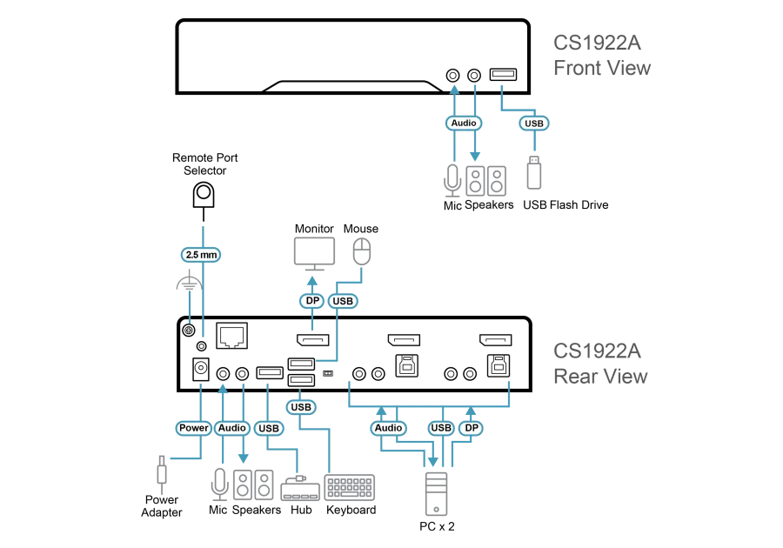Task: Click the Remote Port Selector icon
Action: coord(204,195)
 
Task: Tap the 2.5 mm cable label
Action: coord(201,255)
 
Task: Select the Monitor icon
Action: coord(314,254)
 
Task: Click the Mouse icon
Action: coord(362,251)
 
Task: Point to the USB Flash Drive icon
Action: coord(534,172)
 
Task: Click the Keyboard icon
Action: coord(350,487)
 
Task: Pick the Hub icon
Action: coord(299,488)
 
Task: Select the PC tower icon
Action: coord(436,493)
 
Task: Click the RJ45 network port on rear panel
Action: coord(232,335)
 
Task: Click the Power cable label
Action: coord(194,428)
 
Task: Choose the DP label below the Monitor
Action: coord(312,300)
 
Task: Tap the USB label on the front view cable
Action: coord(534,124)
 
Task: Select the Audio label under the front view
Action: coord(464,123)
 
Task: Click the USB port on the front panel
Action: coord(503,74)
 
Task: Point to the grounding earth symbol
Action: coord(189,283)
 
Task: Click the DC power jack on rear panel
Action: coord(201,369)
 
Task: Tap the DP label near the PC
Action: coord(471,428)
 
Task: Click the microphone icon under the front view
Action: coord(452,180)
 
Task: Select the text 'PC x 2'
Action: coord(437,526)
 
